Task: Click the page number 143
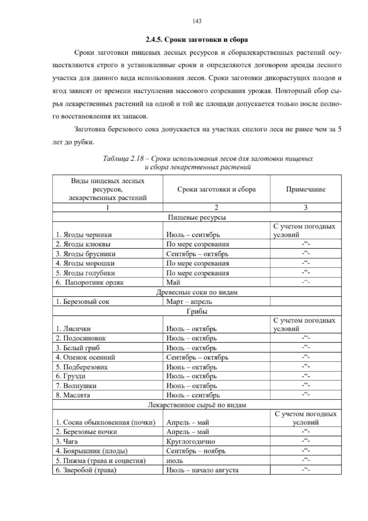tap(197, 21)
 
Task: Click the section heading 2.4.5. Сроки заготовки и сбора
tap(197, 40)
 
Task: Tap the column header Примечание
tap(305, 189)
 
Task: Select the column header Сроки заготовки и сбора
tap(216, 189)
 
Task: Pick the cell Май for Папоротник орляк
tap(173, 282)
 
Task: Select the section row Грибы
tap(197, 311)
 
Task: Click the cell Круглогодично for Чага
tap(190, 441)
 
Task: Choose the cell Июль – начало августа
tap(202, 470)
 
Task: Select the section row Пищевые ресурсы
tap(197, 217)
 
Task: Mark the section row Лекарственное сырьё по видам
tap(197, 405)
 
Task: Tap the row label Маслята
tap(77, 395)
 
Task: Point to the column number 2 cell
tap(216, 207)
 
